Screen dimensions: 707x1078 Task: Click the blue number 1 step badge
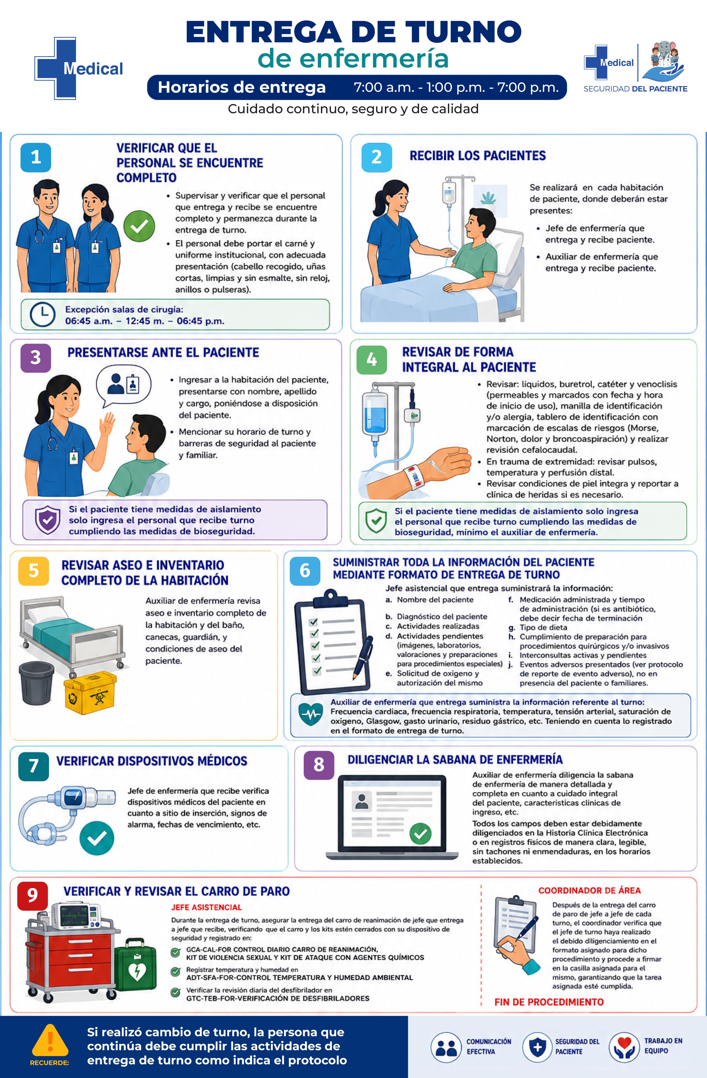pos(36,157)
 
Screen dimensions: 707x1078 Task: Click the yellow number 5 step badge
pos(33,571)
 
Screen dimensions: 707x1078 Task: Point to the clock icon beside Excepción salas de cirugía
pos(43,314)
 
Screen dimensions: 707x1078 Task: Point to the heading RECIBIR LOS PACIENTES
pos(478,156)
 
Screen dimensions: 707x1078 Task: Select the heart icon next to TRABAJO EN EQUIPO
pos(625,1046)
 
